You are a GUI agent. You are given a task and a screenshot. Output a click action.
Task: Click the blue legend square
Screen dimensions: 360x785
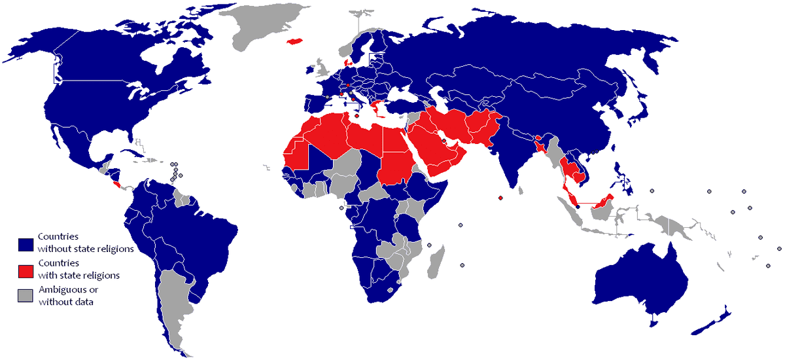pos(26,244)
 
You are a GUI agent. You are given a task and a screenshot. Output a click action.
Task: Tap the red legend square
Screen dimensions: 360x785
pos(26,270)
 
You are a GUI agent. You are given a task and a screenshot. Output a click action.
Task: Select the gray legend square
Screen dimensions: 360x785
pos(26,296)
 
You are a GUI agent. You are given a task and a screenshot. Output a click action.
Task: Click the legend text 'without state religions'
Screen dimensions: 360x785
pos(86,249)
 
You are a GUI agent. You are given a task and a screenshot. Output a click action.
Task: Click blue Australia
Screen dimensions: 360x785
pos(638,278)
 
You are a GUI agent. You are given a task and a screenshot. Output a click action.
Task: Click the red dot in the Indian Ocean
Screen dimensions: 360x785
pos(500,198)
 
